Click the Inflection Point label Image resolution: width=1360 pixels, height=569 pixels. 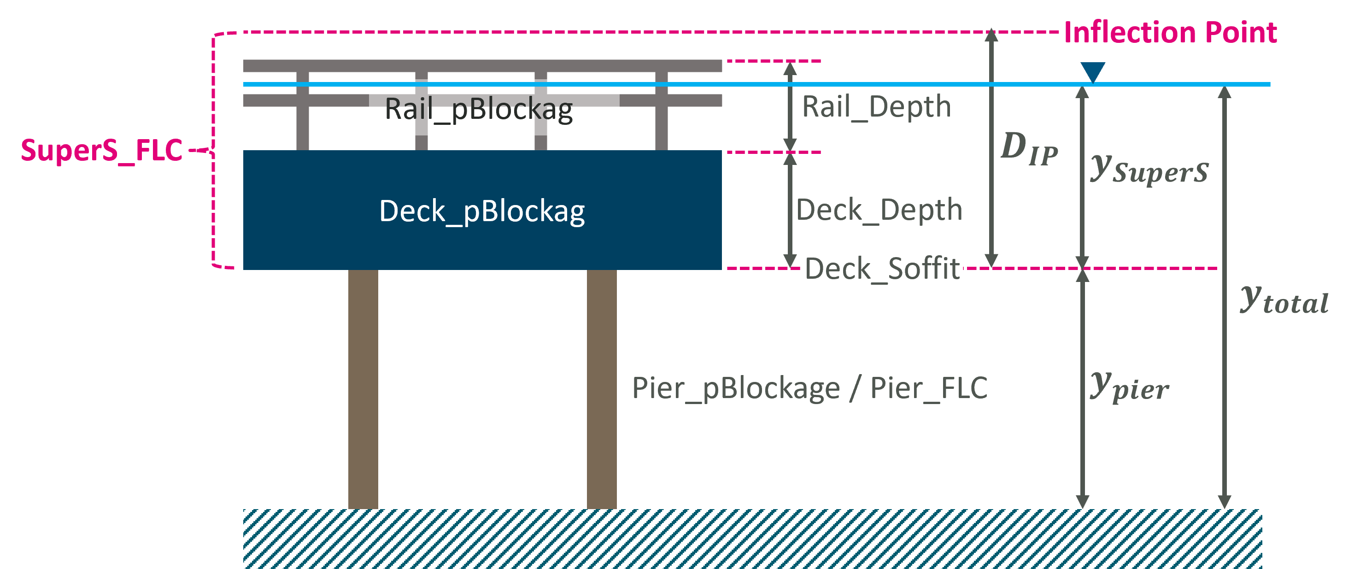[x=1170, y=33]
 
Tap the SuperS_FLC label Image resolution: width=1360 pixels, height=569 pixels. [x=101, y=151]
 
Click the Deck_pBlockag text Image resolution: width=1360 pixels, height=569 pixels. [x=481, y=211]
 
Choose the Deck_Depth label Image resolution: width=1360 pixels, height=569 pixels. [x=879, y=210]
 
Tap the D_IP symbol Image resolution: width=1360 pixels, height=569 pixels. [x=1029, y=149]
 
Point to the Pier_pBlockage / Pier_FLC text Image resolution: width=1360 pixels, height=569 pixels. [x=809, y=388]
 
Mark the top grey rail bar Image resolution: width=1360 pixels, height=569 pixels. [x=482, y=66]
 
